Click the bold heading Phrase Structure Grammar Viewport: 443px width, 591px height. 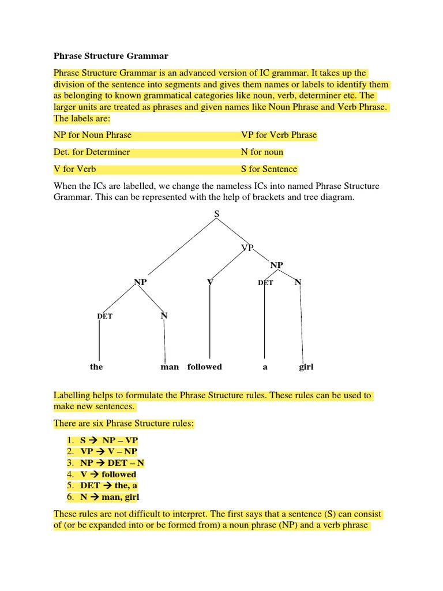pos(111,56)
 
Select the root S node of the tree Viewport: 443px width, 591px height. pos(217,214)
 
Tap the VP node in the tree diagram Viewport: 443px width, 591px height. pos(247,248)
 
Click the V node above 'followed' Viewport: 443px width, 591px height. pos(210,282)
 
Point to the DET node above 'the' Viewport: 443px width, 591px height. pos(105,316)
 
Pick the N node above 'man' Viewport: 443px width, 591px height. pos(164,316)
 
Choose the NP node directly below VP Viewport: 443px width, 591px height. pos(277,265)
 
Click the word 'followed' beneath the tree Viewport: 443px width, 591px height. pos(204,366)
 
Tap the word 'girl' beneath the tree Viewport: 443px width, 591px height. pos(306,366)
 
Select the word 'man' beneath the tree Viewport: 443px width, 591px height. pos(170,366)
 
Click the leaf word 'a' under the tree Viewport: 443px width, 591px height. pos(265,366)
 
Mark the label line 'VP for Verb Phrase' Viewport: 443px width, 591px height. pos(279,135)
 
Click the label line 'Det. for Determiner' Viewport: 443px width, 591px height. pos(92,152)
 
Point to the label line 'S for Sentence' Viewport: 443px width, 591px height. pos(269,169)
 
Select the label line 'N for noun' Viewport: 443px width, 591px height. pos(262,152)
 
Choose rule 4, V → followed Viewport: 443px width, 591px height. pos(108,474)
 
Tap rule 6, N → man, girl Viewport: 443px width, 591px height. pos(110,497)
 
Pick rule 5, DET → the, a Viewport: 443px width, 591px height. pos(109,485)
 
